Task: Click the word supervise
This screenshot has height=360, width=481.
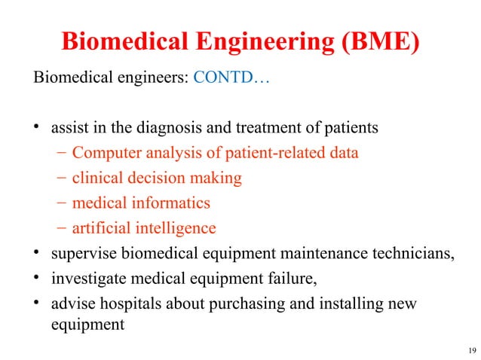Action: pyautogui.click(x=83, y=252)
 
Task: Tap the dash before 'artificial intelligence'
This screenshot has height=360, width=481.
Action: pyautogui.click(x=62, y=227)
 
